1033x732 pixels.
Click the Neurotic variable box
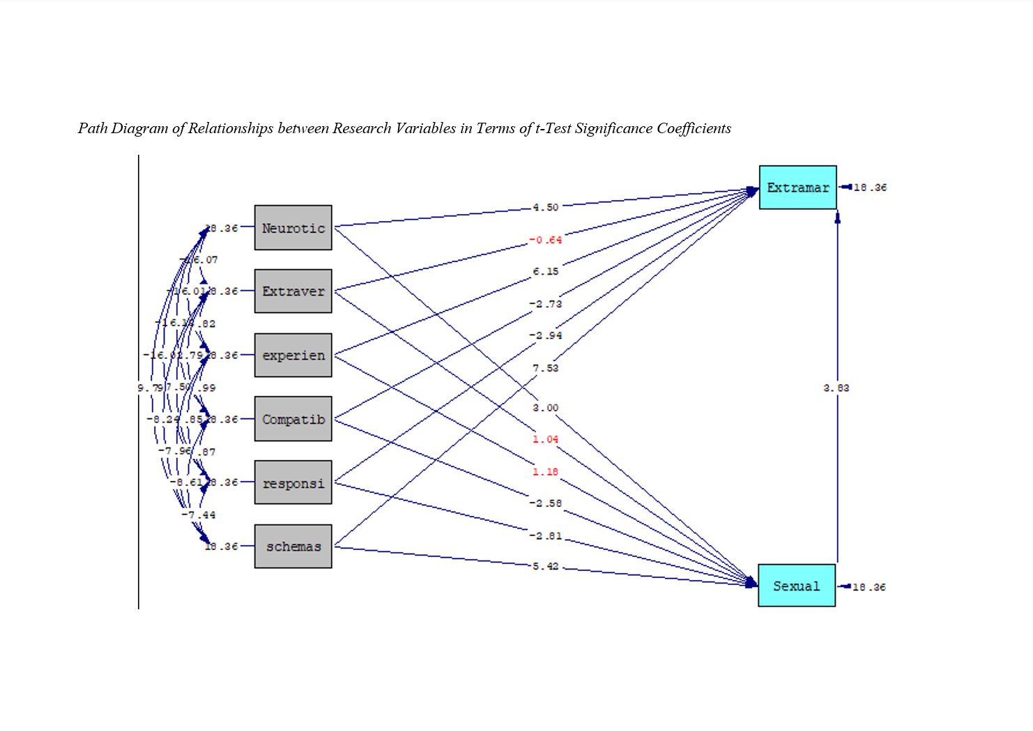pyautogui.click(x=293, y=227)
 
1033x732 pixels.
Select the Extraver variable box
pyautogui.click(x=293, y=291)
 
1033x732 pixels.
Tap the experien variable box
pyautogui.click(x=293, y=355)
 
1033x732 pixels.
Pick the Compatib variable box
pyautogui.click(x=293, y=419)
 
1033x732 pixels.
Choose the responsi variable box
pyautogui.click(x=293, y=482)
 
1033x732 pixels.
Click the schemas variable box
pyautogui.click(x=293, y=547)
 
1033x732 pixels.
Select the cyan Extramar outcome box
pyautogui.click(x=797, y=188)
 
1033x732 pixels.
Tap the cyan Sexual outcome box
pyautogui.click(x=796, y=586)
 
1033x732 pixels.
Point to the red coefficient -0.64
pyautogui.click(x=545, y=240)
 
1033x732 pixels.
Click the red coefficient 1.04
pyautogui.click(x=545, y=439)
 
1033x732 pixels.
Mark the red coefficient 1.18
pyautogui.click(x=545, y=472)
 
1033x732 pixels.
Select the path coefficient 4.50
pyautogui.click(x=545, y=207)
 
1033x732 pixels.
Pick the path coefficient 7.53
pyautogui.click(x=545, y=368)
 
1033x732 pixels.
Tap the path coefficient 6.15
pyautogui.click(x=545, y=272)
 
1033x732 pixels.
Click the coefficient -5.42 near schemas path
pyautogui.click(x=545, y=566)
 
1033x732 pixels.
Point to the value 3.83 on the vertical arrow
pyautogui.click(x=836, y=388)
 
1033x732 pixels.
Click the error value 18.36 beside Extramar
pyautogui.click(x=870, y=188)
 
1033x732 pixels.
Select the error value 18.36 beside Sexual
pyautogui.click(x=869, y=587)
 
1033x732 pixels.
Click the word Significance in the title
pyautogui.click(x=613, y=128)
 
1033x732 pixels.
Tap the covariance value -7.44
pyautogui.click(x=199, y=514)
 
